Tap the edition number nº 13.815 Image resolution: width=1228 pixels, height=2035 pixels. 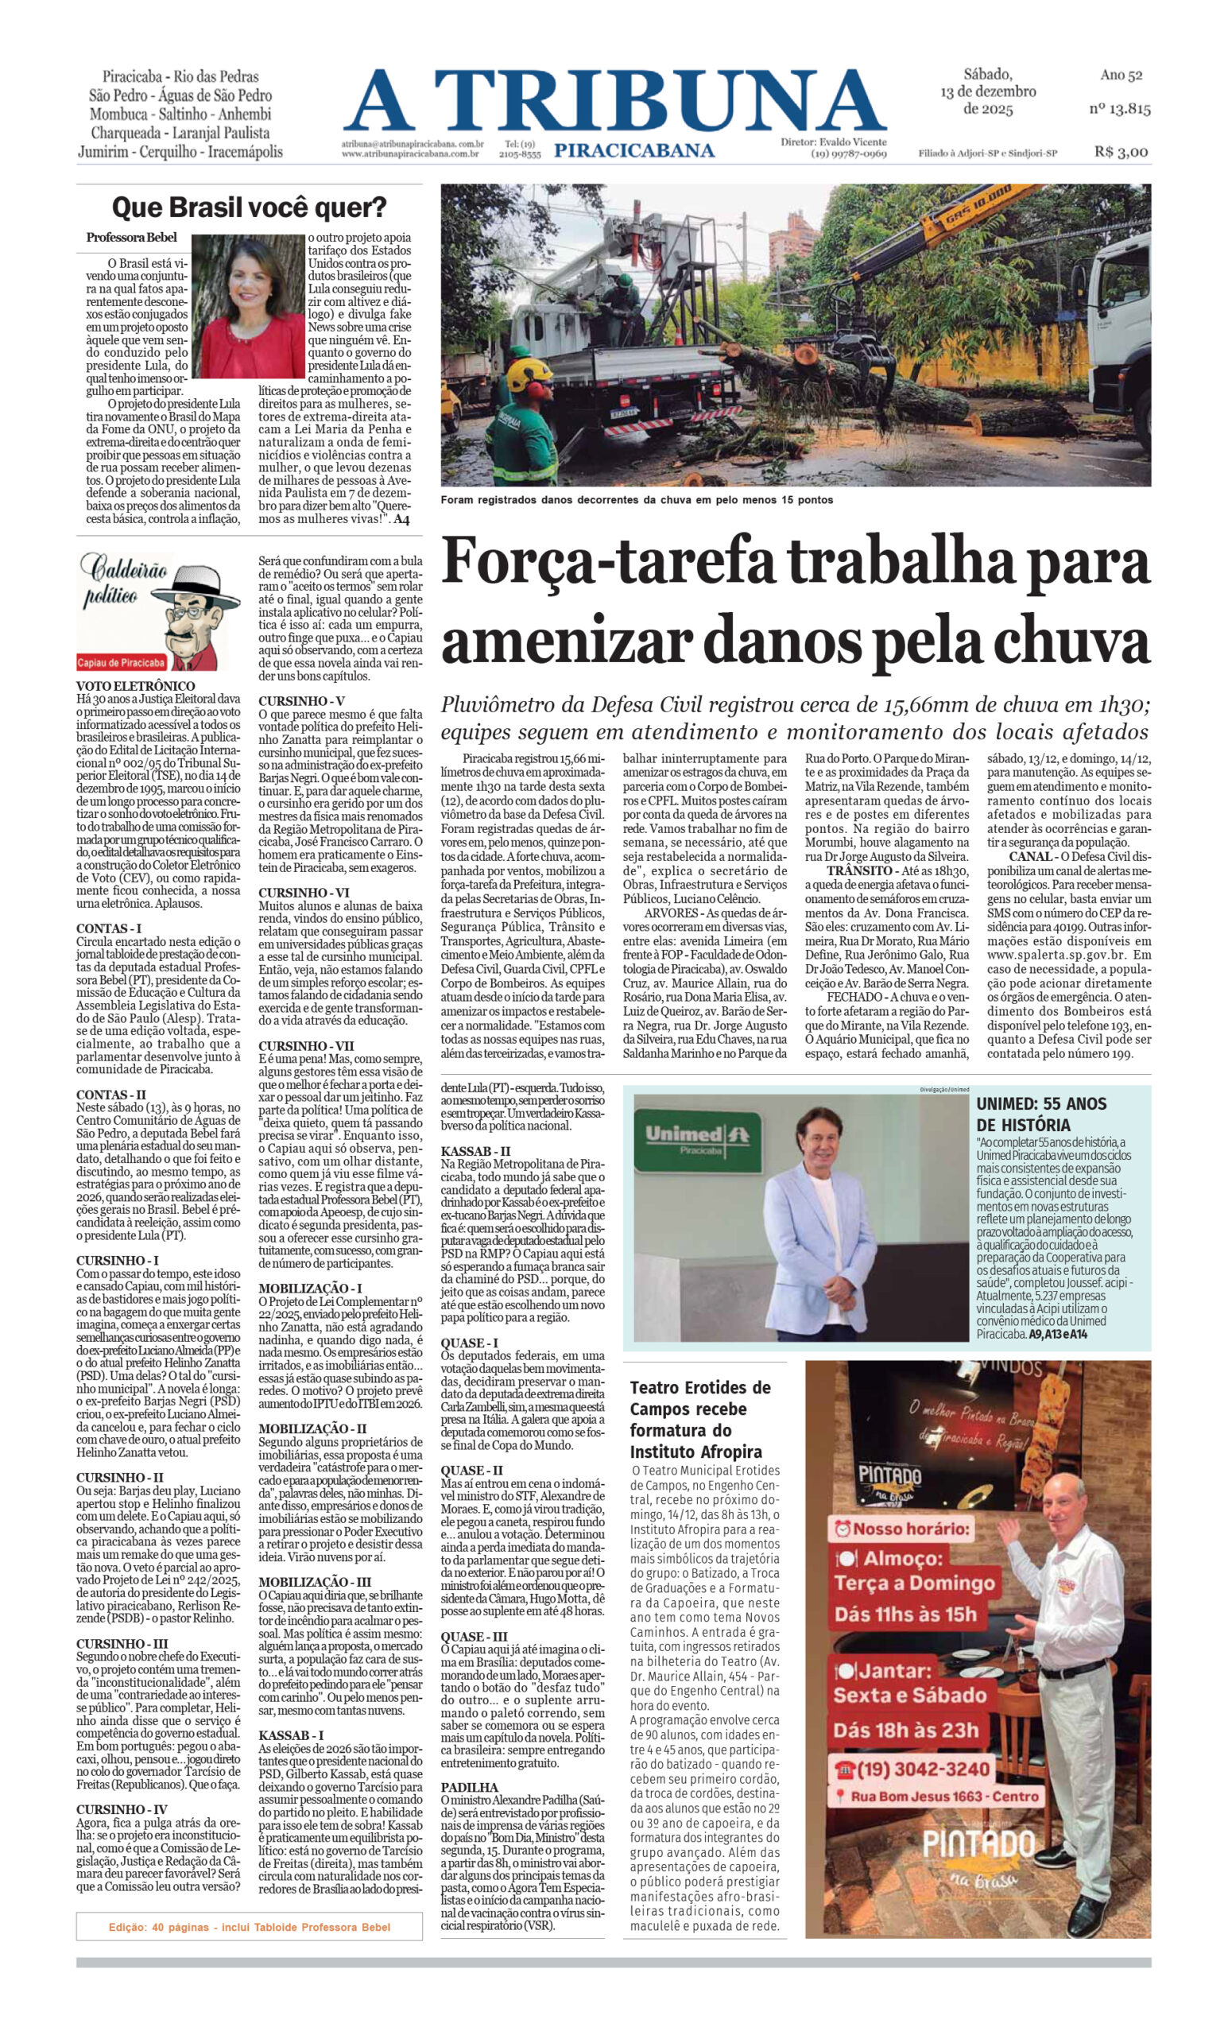pos(1119,108)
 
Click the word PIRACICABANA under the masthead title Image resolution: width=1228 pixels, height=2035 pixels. pos(634,150)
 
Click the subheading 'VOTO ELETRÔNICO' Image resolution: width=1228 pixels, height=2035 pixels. pos(135,685)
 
